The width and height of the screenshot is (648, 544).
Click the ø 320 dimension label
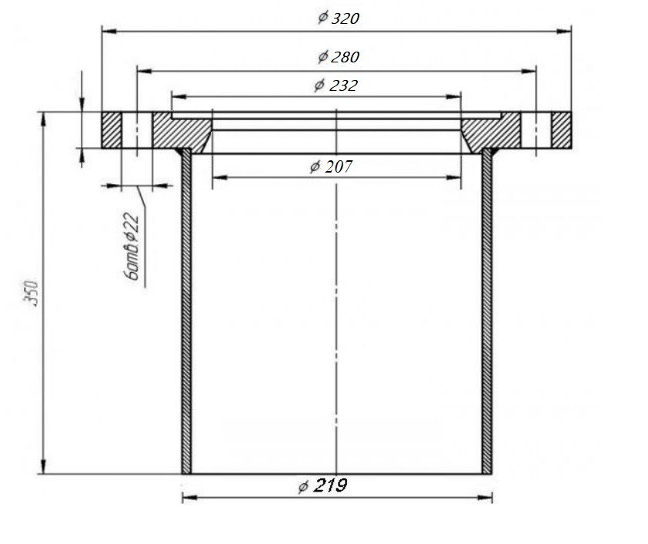[339, 18]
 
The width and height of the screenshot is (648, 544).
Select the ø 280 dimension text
[339, 57]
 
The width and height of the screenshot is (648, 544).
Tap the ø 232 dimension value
[336, 86]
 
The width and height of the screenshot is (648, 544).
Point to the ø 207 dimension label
[331, 166]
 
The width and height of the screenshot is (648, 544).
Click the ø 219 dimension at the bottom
[322, 485]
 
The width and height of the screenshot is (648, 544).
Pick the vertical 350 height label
[32, 294]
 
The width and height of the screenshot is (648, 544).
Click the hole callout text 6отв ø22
[132, 247]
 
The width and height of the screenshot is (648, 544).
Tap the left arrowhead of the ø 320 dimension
[109, 31]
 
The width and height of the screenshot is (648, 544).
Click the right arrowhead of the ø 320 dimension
[564, 31]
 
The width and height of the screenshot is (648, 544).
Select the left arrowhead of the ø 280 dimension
[144, 71]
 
